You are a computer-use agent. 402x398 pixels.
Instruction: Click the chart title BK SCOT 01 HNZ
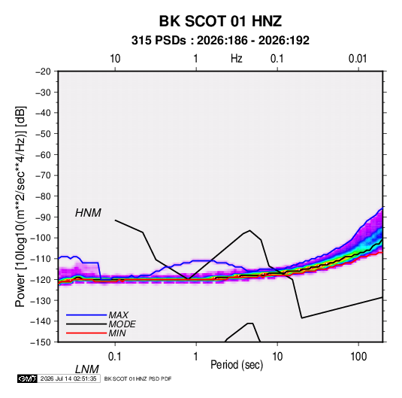220,21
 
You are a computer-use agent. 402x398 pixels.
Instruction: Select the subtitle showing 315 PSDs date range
220,41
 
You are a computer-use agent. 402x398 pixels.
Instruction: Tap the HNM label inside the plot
88,213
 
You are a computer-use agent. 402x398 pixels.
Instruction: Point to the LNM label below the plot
86,369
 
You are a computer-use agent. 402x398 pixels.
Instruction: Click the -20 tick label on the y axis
43,71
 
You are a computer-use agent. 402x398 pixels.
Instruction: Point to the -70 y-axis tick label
43,175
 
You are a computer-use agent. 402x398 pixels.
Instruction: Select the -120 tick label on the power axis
41,280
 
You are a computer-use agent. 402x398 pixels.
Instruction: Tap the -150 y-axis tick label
41,342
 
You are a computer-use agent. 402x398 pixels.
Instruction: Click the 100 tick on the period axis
358,357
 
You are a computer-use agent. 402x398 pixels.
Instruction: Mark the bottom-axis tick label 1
196,357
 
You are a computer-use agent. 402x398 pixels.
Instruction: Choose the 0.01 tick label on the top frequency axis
358,59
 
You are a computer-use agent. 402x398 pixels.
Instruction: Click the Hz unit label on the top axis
237,59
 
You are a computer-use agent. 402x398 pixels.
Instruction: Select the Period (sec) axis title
237,365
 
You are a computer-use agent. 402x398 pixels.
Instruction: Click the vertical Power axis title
20,207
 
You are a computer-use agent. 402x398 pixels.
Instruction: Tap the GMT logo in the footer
28,378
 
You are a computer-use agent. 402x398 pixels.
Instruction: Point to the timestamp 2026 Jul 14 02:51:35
68,378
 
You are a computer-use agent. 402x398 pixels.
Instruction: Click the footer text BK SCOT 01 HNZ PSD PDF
138,378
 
